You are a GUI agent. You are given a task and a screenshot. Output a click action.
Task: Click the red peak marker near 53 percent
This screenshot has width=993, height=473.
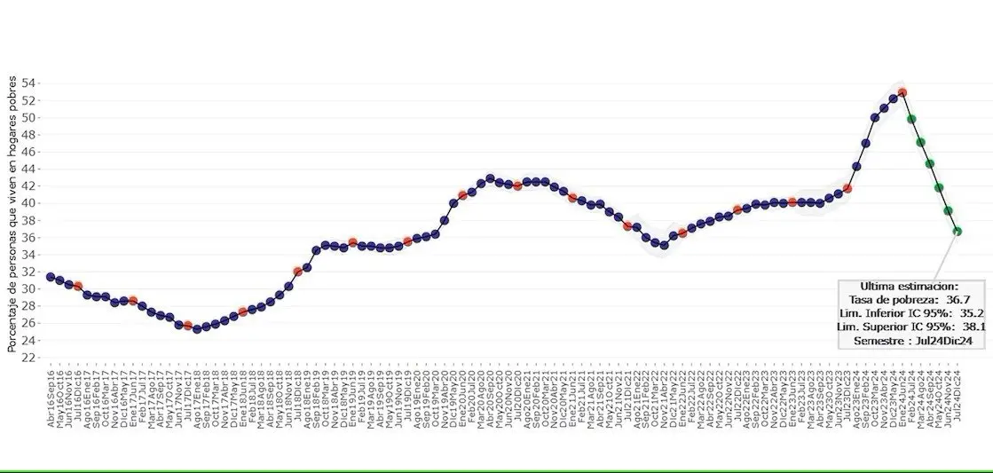[902, 92]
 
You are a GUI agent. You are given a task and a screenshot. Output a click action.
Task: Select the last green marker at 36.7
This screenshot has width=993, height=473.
[958, 232]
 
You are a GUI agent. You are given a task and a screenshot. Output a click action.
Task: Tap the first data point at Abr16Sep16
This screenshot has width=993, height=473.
[51, 277]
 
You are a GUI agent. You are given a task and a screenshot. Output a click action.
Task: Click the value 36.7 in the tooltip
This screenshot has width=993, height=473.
[952, 300]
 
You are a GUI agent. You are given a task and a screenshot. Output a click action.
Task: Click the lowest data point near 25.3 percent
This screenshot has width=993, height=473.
[197, 328]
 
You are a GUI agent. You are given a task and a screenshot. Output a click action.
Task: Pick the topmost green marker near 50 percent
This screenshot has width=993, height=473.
[911, 119]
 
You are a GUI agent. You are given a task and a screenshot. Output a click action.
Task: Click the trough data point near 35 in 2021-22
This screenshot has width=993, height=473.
[664, 245]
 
